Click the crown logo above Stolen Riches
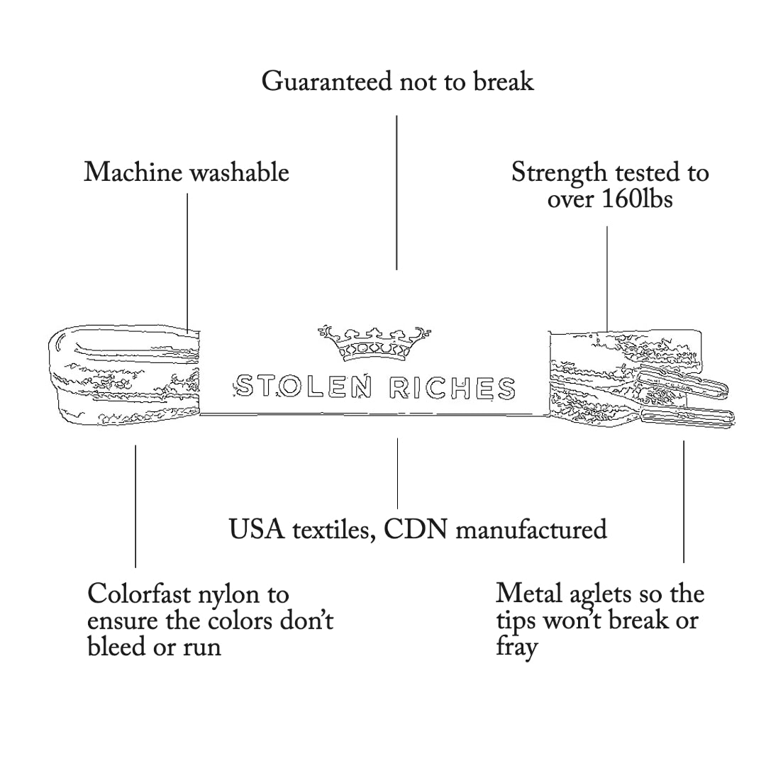click(374, 343)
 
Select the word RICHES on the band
click(453, 387)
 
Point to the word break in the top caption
click(503, 82)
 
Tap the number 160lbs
click(637, 199)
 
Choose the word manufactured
click(531, 530)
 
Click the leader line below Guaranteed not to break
click(396, 191)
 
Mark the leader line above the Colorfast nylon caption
click(135, 506)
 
